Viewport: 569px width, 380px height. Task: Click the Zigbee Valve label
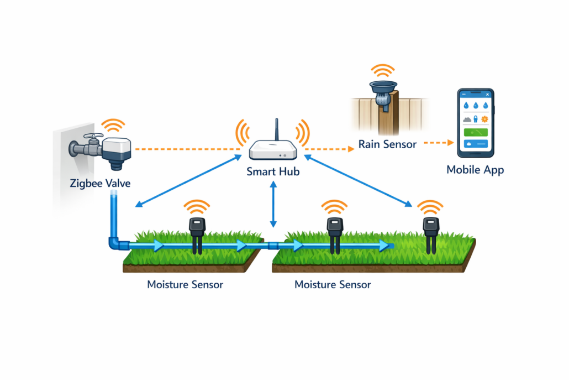100,183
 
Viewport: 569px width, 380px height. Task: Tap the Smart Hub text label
273,172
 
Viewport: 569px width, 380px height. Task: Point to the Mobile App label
475,170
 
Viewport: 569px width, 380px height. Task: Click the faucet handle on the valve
93,137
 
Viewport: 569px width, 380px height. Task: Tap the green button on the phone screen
476,132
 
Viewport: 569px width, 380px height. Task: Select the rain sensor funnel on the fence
383,89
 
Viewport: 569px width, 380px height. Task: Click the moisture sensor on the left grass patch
196,233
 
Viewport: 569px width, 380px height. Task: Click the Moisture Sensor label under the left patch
185,285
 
